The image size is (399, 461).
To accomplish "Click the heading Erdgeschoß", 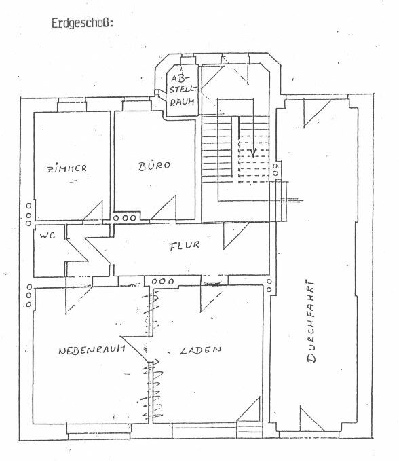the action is pyautogui.click(x=82, y=23).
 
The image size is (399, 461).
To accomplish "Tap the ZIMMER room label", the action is pyautogui.click(x=67, y=168).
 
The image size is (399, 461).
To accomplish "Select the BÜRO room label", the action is pyautogui.click(x=154, y=165).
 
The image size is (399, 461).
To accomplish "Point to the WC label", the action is pyautogui.click(x=47, y=235).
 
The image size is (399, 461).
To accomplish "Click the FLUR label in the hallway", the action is pyautogui.click(x=185, y=246).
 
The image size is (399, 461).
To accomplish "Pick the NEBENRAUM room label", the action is pyautogui.click(x=92, y=349).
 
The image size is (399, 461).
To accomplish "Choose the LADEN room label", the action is pyautogui.click(x=201, y=350).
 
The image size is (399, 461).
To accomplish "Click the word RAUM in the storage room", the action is pyautogui.click(x=183, y=102).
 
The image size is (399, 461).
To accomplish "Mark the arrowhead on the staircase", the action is pyautogui.click(x=253, y=153).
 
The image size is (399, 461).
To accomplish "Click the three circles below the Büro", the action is pyautogui.click(x=125, y=218).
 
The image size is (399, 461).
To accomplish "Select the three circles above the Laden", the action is pyautogui.click(x=163, y=281).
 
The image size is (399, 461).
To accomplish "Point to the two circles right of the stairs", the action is pyautogui.click(x=275, y=170).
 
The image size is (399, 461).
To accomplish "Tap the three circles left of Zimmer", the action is pyautogui.click(x=28, y=215).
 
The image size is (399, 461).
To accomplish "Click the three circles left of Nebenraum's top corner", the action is pyautogui.click(x=28, y=295).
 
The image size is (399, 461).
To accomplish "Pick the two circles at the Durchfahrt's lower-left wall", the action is pyautogui.click(x=269, y=285).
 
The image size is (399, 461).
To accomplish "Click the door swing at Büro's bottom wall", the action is pyautogui.click(x=164, y=208).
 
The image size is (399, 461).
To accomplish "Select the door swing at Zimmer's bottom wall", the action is pyautogui.click(x=92, y=210).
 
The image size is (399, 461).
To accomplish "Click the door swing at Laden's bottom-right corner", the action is pyautogui.click(x=248, y=409).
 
